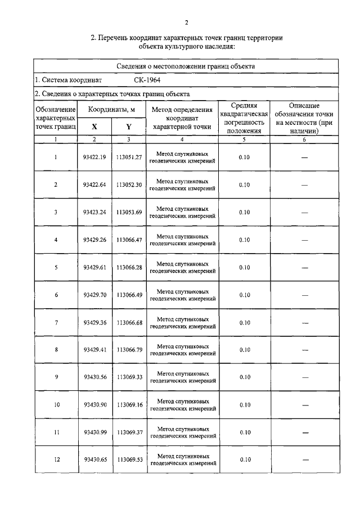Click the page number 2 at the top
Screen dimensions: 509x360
coord(187,22)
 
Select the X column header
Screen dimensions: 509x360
coord(94,127)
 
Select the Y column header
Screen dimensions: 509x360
coord(129,127)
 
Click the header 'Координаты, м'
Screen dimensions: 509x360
coord(111,108)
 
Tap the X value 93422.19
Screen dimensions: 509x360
coord(94,157)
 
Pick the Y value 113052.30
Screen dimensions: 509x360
coord(129,185)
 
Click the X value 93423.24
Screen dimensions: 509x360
coord(94,213)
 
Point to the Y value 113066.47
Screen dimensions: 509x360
coord(129,240)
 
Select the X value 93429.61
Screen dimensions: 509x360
coord(94,268)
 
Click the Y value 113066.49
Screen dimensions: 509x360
coord(129,295)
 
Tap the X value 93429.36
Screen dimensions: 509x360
coord(94,323)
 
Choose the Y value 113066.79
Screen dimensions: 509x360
coord(129,350)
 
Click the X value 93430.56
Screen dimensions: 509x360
coord(94,377)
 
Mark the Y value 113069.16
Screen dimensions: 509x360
coord(129,405)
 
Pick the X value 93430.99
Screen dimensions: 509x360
coord(94,433)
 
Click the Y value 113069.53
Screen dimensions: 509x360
coord(129,460)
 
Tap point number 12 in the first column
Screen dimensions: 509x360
coord(56,460)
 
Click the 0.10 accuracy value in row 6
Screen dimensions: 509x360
coord(244,295)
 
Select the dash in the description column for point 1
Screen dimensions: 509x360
coord(304,158)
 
